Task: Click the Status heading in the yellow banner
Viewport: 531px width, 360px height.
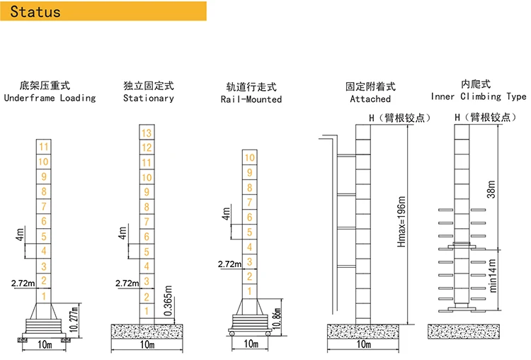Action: click(x=36, y=12)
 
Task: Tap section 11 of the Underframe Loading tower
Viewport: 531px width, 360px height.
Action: click(x=44, y=147)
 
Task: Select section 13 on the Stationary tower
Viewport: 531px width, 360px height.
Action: click(x=147, y=133)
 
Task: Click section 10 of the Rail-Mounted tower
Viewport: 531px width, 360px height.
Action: click(x=249, y=158)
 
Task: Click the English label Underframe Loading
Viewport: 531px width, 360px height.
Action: click(x=50, y=98)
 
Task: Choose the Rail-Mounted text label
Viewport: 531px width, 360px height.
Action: click(x=251, y=100)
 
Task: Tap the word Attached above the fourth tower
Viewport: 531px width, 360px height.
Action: click(x=370, y=99)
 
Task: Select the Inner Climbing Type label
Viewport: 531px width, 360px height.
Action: click(x=479, y=96)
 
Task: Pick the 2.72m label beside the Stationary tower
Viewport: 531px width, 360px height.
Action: click(x=125, y=283)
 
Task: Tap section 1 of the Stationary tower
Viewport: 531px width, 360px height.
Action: click(x=147, y=311)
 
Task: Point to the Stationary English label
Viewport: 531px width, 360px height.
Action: click(x=148, y=98)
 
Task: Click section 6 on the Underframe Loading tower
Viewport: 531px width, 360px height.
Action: click(x=44, y=221)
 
